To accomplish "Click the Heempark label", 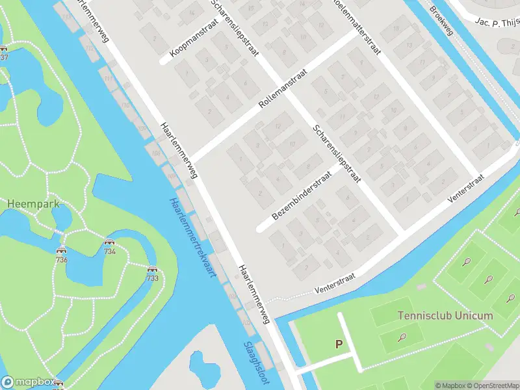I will click(33, 203).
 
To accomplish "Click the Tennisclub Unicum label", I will click(445, 316).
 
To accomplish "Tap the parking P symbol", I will click(338, 344).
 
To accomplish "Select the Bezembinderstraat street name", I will click(302, 193).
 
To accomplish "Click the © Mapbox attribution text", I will click(450, 385).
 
